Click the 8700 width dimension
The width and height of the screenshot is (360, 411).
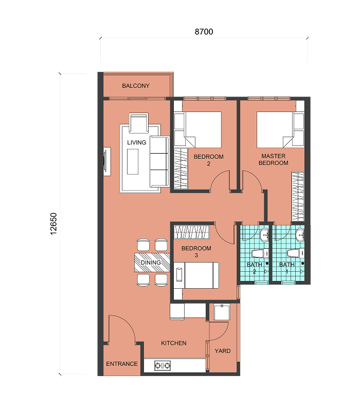tap(204, 32)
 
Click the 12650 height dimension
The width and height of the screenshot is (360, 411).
tap(53, 223)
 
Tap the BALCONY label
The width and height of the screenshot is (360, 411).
tap(136, 86)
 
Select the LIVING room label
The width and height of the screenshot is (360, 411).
tap(136, 142)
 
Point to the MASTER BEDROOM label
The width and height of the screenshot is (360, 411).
tap(274, 159)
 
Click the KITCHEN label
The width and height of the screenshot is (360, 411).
tap(174, 343)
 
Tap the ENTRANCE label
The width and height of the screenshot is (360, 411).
tap(122, 364)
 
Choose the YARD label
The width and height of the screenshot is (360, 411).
tap(223, 351)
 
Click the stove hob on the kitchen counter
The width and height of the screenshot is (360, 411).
tap(163, 365)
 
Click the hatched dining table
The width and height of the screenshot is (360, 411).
tap(152, 263)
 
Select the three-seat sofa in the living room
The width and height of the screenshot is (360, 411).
tap(159, 161)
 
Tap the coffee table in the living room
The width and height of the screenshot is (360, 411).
tap(133, 161)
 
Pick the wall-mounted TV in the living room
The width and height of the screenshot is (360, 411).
tap(106, 161)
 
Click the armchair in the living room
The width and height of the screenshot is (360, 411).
tap(138, 123)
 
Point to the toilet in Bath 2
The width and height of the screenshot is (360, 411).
tap(260, 254)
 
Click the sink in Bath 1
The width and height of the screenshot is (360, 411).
tap(300, 235)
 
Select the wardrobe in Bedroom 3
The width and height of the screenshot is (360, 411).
tap(191, 232)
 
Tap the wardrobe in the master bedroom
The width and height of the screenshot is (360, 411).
tap(298, 197)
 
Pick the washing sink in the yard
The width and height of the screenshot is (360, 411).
tap(222, 312)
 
